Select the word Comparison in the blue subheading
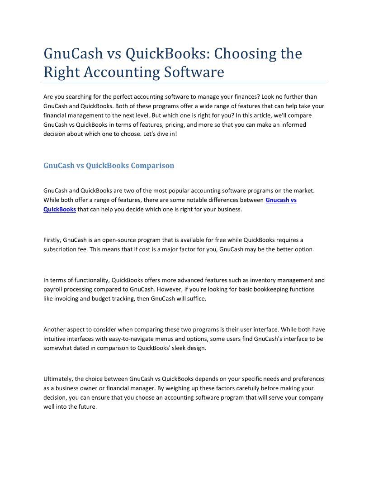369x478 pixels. (152, 166)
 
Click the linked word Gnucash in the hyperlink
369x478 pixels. (277, 200)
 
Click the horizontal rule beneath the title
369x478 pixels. (184, 83)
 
